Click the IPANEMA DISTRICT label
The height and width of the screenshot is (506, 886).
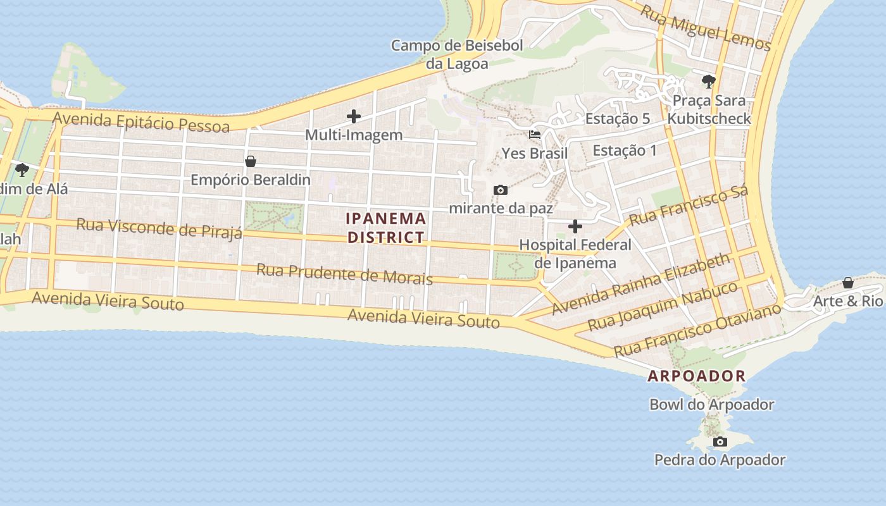point(386,228)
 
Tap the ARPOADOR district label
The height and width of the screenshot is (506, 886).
point(697,376)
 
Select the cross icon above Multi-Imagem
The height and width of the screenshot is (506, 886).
point(354,116)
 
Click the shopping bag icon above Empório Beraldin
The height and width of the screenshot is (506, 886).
point(251,161)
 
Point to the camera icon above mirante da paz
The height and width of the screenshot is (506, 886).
point(501,190)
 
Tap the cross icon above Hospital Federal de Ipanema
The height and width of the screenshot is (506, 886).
point(575,226)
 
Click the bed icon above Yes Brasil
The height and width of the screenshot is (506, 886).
point(535,135)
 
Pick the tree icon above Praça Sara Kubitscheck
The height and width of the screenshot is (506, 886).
point(709,82)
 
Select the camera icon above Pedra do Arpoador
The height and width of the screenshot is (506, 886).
point(720,441)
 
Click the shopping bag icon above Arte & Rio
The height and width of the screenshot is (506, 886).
point(848,283)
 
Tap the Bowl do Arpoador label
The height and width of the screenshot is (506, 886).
point(712,405)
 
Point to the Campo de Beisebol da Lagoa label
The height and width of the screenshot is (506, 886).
point(457,54)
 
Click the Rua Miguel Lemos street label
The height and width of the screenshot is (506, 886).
point(706,28)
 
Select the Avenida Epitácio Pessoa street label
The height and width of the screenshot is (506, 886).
point(140,122)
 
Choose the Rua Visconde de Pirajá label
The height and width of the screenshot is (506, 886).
point(159,228)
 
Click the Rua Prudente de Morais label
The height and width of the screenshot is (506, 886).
point(344,275)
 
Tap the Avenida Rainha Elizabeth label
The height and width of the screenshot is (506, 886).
point(641,285)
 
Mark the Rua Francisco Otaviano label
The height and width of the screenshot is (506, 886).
point(698,330)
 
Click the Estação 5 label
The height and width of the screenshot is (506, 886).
point(618,119)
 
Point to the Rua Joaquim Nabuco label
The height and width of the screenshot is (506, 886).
point(663,307)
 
